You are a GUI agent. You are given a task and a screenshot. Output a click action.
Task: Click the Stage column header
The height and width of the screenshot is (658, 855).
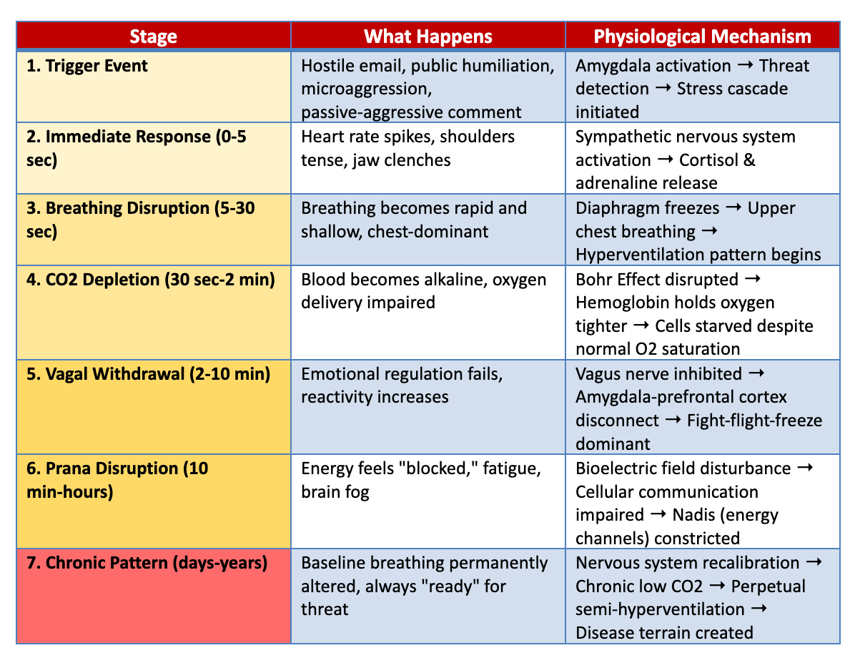point(153,36)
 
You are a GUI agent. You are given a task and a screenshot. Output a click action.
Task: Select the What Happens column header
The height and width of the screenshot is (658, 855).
point(428,36)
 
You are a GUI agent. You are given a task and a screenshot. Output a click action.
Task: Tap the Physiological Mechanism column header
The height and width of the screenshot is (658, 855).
point(702,36)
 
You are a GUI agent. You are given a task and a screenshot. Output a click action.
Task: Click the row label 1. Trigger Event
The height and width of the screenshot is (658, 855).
point(87,66)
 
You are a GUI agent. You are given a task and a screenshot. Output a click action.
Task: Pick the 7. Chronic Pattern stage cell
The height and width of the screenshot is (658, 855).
point(153,596)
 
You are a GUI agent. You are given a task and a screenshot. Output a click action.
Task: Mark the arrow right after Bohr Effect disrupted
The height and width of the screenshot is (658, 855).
point(753,280)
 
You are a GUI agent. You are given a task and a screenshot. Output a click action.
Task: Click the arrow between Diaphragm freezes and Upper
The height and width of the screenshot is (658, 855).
point(733,208)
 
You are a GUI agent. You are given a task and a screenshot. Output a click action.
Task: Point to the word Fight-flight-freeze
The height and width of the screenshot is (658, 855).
point(755,421)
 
